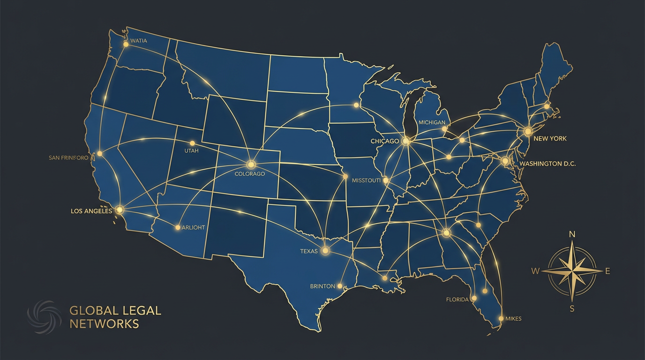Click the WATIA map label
tap(138, 41)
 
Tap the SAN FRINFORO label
tap(68, 158)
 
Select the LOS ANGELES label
tap(91, 211)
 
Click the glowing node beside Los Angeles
tap(120, 210)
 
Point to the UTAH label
tap(192, 151)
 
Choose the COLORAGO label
tap(249, 174)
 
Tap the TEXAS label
tap(309, 251)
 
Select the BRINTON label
tap(322, 286)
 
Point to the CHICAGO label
tap(384, 141)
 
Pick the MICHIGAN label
tap(432, 122)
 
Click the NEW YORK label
tap(550, 139)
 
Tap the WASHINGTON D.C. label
tap(547, 164)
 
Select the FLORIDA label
tap(457, 299)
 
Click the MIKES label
tap(513, 319)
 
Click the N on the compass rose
tap(572, 234)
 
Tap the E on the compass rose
tap(608, 271)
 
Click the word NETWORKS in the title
tap(104, 323)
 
